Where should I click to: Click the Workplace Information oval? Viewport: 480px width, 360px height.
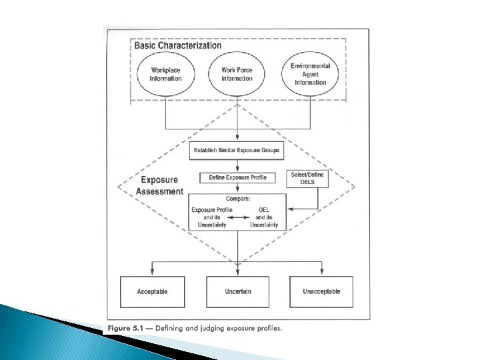(x=165, y=74)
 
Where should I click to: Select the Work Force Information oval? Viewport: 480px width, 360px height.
(x=237, y=74)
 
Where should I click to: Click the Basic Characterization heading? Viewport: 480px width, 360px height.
(x=178, y=46)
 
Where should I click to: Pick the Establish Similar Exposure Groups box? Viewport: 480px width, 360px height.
(x=237, y=151)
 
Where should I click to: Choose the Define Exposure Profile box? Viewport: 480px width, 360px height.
(x=237, y=179)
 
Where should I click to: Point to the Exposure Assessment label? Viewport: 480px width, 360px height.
(x=159, y=186)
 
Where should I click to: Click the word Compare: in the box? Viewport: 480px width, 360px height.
(x=237, y=198)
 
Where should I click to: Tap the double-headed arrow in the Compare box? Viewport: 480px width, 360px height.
(x=237, y=218)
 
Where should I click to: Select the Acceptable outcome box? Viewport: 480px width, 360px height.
(x=152, y=291)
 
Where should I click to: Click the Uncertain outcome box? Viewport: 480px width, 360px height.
(x=237, y=291)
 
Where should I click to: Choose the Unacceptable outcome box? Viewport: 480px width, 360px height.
(x=322, y=291)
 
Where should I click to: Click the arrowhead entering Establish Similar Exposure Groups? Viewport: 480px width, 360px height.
(x=237, y=139)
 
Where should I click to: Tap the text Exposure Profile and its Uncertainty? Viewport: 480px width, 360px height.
(x=208, y=218)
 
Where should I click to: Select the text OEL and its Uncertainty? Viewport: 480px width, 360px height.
(x=265, y=218)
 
